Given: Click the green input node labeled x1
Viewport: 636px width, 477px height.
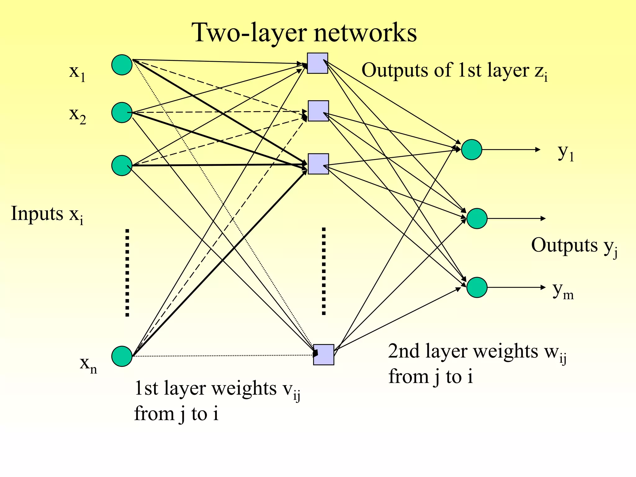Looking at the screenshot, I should [122, 65].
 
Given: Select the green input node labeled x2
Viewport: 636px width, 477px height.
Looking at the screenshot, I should [122, 112].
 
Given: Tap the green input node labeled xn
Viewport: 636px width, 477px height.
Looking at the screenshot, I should [122, 356].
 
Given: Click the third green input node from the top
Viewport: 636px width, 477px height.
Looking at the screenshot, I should [122, 166].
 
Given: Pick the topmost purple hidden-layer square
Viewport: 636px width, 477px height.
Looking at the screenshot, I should [317, 63].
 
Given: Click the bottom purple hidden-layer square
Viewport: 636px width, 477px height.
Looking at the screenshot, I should [324, 354].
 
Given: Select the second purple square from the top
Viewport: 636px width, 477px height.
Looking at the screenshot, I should [318, 111].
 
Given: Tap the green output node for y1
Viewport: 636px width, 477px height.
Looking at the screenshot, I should [471, 150].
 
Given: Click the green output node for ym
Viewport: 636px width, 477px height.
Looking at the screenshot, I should [477, 287].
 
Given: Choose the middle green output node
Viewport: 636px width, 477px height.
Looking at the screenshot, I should [477, 219].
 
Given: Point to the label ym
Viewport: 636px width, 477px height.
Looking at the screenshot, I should [563, 291].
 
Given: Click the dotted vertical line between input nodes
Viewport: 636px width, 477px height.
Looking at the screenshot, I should [127, 273].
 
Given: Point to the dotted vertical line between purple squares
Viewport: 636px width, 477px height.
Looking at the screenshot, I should [324, 271].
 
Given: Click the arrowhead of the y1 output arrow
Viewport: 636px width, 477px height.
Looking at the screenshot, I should [538, 150].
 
